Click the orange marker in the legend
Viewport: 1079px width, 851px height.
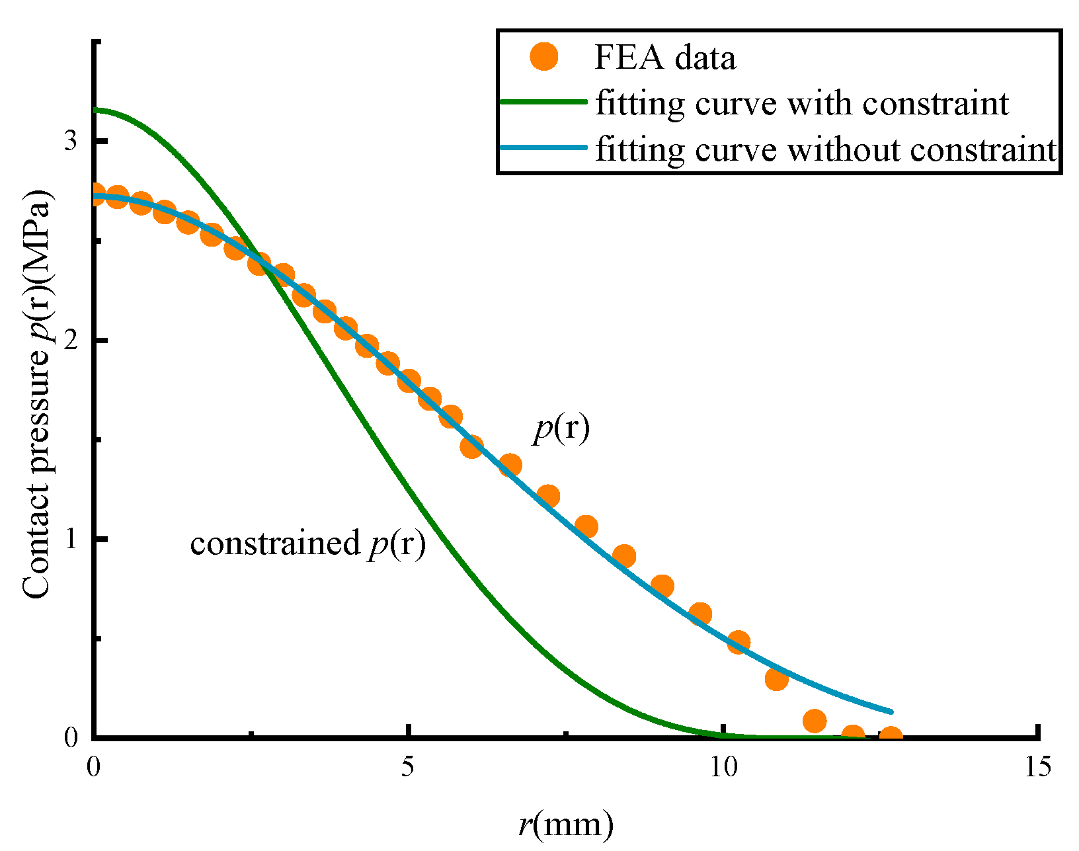[544, 57]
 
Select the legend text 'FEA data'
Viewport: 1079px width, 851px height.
[665, 58]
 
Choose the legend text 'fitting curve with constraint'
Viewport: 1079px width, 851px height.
[802, 103]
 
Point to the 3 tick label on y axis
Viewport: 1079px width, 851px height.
[71, 141]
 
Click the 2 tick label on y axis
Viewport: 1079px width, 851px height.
[71, 341]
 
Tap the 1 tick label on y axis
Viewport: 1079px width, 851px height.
[71, 539]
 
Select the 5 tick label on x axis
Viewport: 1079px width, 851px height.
[408, 767]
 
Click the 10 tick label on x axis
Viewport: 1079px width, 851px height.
[723, 767]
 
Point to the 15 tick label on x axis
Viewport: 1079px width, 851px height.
[1036, 767]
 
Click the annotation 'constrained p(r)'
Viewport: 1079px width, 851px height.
[307, 544]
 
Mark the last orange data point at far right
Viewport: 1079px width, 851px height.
[891, 736]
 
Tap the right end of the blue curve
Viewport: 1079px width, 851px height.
[891, 711]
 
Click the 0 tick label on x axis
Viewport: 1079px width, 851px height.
[93, 767]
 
